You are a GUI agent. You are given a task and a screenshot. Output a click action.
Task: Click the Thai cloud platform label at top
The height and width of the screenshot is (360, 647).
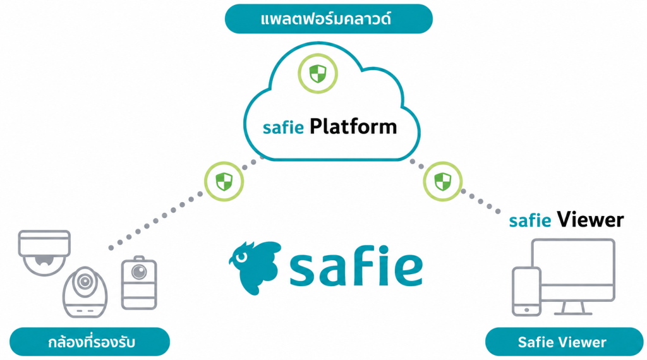pos(329,19)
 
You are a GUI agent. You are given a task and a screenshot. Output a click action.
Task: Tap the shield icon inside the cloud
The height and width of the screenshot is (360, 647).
pos(318,73)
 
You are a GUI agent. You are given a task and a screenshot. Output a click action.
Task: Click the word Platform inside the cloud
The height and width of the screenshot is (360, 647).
pos(353,127)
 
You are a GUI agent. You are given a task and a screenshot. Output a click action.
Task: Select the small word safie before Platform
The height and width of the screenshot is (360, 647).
pos(283,128)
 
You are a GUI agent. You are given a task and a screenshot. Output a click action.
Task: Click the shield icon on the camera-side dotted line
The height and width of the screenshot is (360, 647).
pos(224,181)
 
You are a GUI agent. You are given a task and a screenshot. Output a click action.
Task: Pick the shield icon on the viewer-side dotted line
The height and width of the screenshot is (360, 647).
pos(443,181)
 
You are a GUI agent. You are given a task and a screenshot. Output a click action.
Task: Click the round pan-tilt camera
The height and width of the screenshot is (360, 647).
pos(85,292)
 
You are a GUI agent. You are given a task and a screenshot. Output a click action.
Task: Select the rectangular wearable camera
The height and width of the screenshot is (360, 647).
pos(139,283)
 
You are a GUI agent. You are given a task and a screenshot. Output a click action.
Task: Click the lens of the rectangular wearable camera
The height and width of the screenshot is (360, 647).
pos(139,272)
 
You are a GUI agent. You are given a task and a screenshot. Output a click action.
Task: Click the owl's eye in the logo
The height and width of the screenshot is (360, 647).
pos(241,257)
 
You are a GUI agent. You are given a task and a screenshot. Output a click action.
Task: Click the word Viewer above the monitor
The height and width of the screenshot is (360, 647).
pos(590,220)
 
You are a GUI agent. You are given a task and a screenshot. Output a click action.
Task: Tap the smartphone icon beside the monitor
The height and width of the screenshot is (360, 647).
pos(526,292)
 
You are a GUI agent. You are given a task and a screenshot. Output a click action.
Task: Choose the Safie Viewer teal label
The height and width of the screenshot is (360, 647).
pos(564,342)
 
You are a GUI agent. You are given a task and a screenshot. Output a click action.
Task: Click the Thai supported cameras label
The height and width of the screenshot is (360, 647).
pos(90,342)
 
